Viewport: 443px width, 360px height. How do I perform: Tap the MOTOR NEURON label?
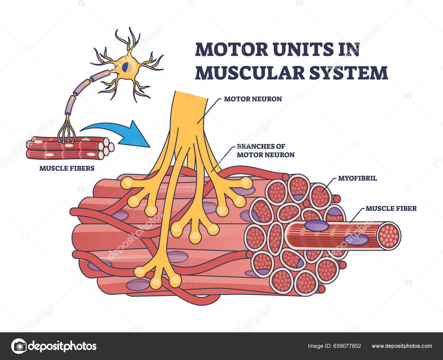[x=253, y=99]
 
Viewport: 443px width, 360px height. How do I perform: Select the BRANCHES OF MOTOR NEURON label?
[x=265, y=151]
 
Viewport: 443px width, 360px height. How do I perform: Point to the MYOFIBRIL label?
[x=357, y=178]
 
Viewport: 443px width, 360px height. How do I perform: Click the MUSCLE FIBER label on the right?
[x=391, y=208]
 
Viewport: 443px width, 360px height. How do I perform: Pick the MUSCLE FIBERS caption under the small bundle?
[x=67, y=168]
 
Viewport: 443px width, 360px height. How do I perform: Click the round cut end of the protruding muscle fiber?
[x=389, y=236]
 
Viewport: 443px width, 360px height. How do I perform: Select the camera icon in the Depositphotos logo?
[x=19, y=346]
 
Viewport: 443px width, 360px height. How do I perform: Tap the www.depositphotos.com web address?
[x=402, y=346]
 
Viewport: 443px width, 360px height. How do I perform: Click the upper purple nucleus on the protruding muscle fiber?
[x=317, y=226]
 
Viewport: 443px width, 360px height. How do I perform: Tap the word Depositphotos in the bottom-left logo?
[x=63, y=346]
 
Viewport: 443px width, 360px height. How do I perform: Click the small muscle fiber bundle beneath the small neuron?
[x=69, y=148]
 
